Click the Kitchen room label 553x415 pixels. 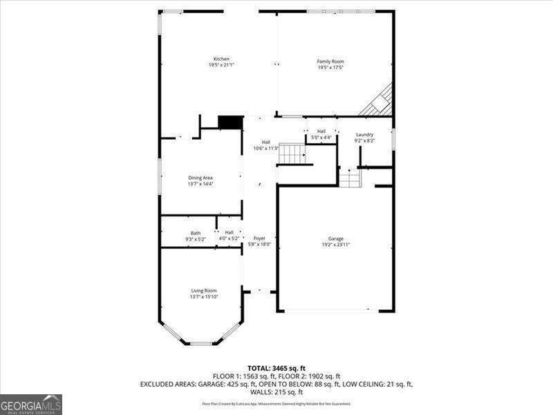(221, 59)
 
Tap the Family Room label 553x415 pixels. (330, 62)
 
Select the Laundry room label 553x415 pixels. (365, 134)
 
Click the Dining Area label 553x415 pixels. (200, 178)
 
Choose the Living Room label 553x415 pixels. (204, 290)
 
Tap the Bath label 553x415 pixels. (196, 232)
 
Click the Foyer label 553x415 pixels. (259, 238)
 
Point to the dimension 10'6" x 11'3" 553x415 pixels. (266, 148)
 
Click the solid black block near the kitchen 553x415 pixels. (230, 122)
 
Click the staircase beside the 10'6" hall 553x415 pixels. (292, 153)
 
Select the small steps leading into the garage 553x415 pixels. (350, 178)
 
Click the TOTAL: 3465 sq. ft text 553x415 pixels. (276, 367)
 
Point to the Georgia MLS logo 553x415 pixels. (31, 404)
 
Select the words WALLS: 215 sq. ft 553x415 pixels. (276, 391)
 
